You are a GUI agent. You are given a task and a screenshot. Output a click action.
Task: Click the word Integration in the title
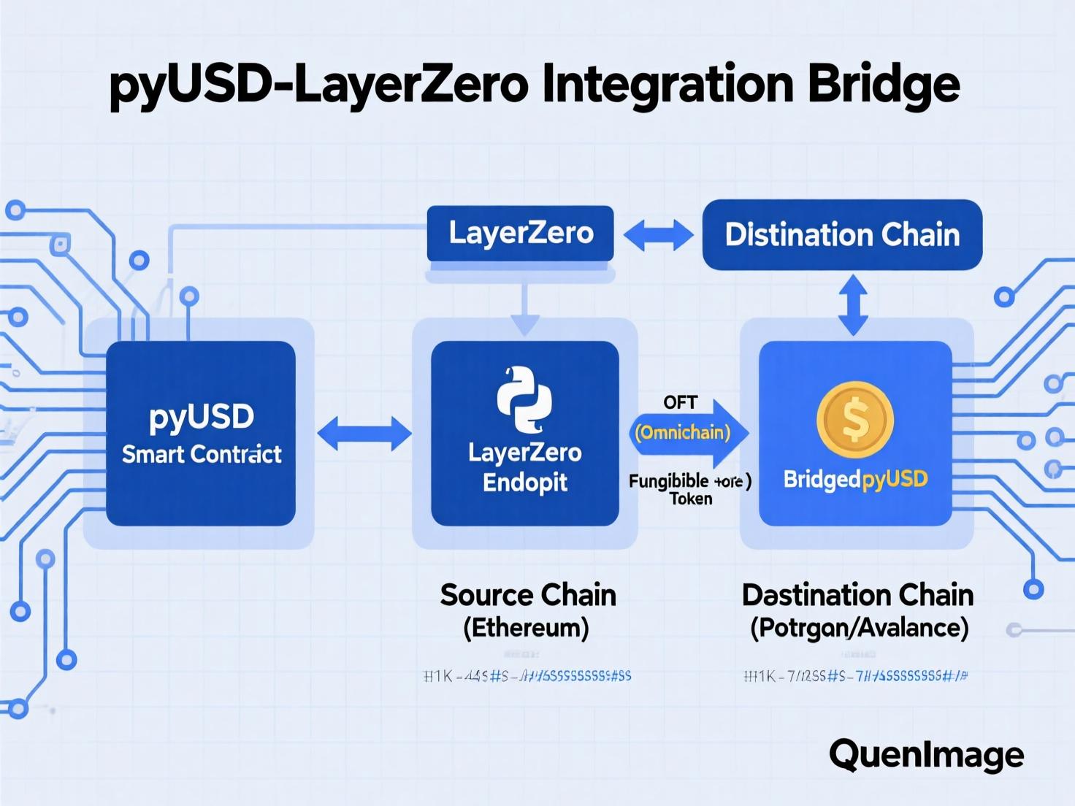point(667,86)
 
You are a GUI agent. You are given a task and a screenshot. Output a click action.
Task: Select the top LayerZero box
point(520,234)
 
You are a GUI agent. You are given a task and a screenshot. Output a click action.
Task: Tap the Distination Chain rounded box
point(842,235)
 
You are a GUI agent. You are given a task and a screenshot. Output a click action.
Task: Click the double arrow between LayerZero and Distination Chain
point(658,235)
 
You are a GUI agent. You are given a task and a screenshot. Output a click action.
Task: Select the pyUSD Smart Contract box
point(201,434)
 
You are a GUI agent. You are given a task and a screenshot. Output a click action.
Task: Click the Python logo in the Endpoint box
point(524,399)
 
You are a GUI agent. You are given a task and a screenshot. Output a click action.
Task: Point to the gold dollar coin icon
point(855,420)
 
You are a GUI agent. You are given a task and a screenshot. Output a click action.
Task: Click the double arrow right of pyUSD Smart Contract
point(364,434)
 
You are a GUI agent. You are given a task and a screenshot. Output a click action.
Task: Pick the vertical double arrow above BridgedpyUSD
point(853,305)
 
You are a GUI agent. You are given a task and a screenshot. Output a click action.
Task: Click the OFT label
point(680,402)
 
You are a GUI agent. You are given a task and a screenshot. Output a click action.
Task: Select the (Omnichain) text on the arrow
point(682,433)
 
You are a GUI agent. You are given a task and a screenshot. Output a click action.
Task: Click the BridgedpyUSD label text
point(855,480)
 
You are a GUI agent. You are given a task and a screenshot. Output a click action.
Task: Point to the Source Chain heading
point(527,595)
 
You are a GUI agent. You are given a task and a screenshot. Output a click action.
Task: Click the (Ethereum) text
point(526,628)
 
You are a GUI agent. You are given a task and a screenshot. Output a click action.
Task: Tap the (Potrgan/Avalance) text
point(859,628)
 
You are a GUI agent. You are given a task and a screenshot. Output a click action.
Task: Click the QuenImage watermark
point(926,754)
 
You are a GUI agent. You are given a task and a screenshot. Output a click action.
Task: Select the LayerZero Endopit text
point(524,467)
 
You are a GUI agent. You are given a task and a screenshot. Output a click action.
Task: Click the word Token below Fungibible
point(691,499)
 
